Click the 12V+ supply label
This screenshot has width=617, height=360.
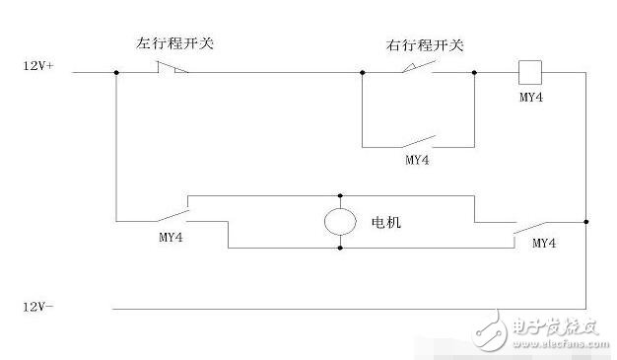coord(38,66)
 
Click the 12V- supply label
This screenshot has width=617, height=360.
coord(38,307)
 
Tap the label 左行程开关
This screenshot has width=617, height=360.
coord(175,43)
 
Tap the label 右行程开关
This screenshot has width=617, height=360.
coord(425,45)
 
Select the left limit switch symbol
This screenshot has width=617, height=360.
coord(172,68)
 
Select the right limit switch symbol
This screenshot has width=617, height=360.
coord(419,67)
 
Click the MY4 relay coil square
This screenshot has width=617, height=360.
coord(530,72)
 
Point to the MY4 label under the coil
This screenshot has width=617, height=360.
coord(531,97)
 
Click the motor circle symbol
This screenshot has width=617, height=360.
coord(340,221)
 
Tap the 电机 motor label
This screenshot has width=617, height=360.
coord(386,223)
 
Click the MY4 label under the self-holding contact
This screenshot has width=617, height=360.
coord(417,160)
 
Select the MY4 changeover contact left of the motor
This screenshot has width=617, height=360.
coord(173,215)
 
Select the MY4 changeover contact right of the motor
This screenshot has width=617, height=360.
coord(530,231)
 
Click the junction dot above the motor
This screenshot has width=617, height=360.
coord(340,195)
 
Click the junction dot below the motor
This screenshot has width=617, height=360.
coord(340,248)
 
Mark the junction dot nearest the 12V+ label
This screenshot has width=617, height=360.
coord(116,72)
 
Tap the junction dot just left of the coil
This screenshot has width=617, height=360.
coord(474,72)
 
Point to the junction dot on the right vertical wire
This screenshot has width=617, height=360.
coord(585,222)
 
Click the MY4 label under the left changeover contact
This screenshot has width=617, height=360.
coord(171,237)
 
